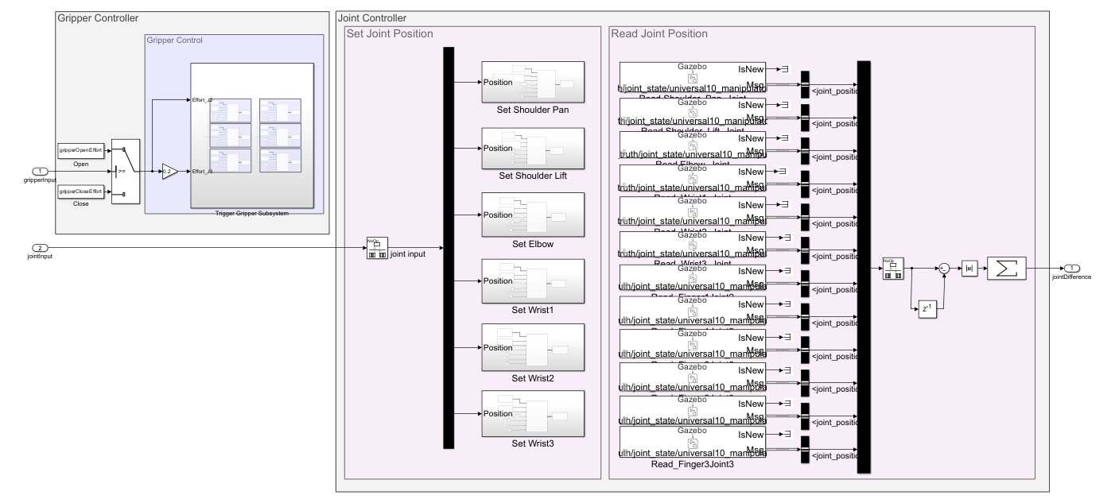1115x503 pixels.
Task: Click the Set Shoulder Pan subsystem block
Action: click(532, 82)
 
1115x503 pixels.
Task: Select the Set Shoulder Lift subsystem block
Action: click(532, 148)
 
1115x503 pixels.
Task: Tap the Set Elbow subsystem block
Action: click(532, 215)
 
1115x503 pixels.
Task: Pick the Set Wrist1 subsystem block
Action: click(532, 281)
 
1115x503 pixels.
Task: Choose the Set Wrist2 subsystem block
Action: click(532, 346)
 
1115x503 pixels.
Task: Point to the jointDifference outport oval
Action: click(1073, 269)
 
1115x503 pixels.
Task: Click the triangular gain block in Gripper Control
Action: click(169, 171)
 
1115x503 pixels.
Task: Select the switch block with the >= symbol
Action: click(126, 171)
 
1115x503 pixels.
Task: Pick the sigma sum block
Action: click(1006, 269)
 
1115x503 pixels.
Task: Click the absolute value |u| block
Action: click(969, 269)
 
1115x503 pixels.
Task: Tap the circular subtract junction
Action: click(943, 269)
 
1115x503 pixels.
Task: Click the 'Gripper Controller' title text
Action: click(98, 17)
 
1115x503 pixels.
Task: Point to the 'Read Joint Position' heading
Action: click(659, 33)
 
